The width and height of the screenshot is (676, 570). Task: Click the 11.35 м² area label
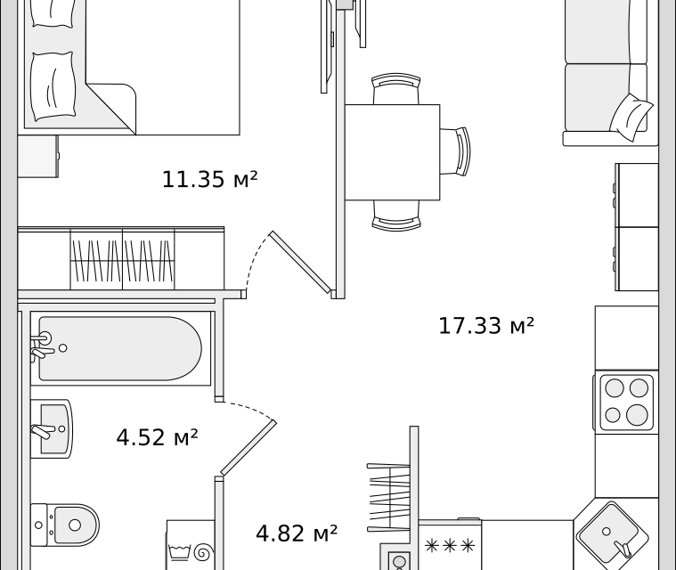pyautogui.click(x=209, y=179)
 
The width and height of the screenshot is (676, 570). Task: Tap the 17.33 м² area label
pyautogui.click(x=486, y=326)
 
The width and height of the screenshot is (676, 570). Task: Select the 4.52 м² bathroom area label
pyautogui.click(x=157, y=437)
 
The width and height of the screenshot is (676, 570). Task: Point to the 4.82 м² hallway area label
pyautogui.click(x=297, y=533)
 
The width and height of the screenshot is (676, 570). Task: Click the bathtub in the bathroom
pyautogui.click(x=120, y=348)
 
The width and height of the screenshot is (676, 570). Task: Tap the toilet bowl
pyautogui.click(x=65, y=525)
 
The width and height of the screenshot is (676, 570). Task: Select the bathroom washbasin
pyautogui.click(x=52, y=428)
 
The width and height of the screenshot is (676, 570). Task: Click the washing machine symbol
pyautogui.click(x=191, y=545)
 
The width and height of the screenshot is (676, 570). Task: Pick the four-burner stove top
pyautogui.click(x=626, y=402)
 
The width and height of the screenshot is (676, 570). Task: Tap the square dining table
pyautogui.click(x=392, y=152)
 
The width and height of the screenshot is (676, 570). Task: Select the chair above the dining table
pyautogui.click(x=395, y=88)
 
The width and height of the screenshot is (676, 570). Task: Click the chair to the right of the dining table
pyautogui.click(x=455, y=151)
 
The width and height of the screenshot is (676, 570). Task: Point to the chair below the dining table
pyautogui.click(x=396, y=216)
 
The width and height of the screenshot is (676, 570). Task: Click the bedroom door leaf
pyautogui.click(x=300, y=263)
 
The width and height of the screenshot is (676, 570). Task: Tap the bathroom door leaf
pyautogui.click(x=248, y=448)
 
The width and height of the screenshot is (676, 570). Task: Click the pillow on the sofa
pyautogui.click(x=631, y=117)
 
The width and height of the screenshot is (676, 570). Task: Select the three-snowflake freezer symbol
pyautogui.click(x=450, y=546)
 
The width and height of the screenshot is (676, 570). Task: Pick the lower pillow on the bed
pyautogui.click(x=53, y=86)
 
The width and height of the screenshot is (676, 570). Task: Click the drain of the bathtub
pyautogui.click(x=63, y=348)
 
